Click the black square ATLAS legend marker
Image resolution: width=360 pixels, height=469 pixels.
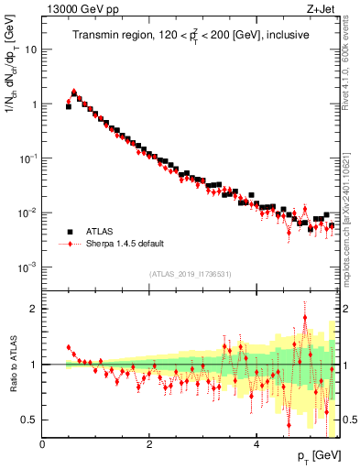(68, 232)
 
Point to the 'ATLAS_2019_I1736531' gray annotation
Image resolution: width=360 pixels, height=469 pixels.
(191, 274)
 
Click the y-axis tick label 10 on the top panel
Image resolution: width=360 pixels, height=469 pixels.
(30, 49)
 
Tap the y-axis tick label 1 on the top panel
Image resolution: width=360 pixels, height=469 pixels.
(34, 104)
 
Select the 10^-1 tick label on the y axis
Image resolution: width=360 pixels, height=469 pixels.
(28, 158)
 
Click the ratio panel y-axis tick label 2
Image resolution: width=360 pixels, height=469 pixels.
(34, 309)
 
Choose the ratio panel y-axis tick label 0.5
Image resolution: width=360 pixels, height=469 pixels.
(30, 420)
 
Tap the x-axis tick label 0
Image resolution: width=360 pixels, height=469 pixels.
(43, 444)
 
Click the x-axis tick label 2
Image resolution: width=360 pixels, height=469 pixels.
(149, 444)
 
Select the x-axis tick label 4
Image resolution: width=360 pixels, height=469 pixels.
(256, 444)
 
